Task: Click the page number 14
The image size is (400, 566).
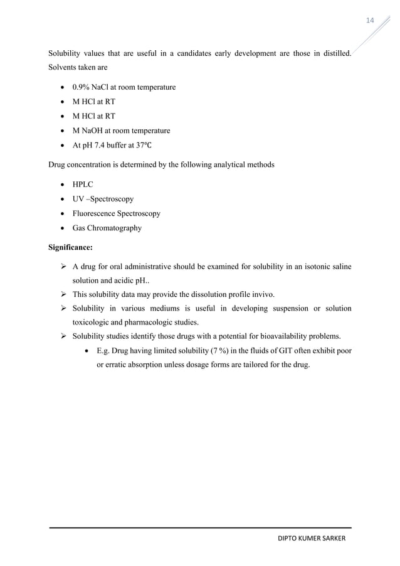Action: click(x=370, y=21)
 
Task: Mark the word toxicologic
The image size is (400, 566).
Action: click(x=99, y=323)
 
